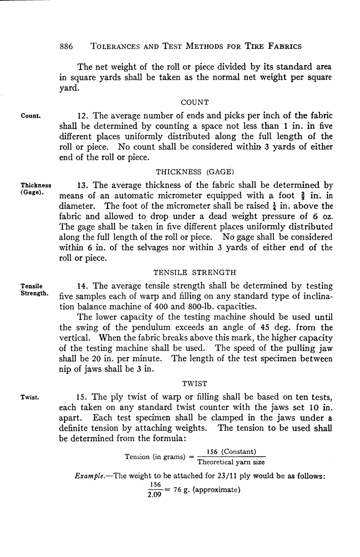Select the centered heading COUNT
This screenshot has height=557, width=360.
195,102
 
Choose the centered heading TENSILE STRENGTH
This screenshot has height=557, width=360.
195,272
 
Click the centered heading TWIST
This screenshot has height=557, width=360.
195,383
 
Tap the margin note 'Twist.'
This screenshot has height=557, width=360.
30,397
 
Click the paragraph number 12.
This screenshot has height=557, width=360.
83,116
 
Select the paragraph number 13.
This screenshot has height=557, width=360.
83,185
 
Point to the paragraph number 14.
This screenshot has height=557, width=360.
83,286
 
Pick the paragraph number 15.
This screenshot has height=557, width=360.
83,397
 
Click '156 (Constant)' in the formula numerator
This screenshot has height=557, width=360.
231,452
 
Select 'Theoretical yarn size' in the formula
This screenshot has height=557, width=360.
231,462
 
